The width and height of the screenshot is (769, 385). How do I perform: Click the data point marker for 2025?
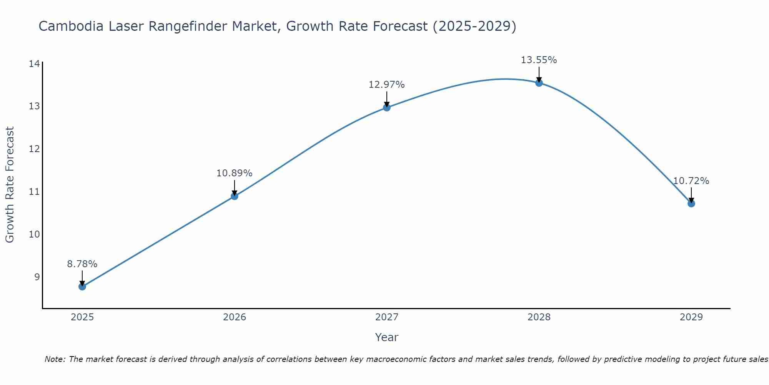pyautogui.click(x=82, y=286)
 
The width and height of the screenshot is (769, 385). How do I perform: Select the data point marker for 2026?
pyautogui.click(x=234, y=196)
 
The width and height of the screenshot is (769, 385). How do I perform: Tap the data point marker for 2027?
pyautogui.click(x=386, y=107)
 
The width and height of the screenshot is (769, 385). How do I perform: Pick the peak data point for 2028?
pyautogui.click(x=539, y=83)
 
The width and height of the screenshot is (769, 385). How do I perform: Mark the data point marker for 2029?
pyautogui.click(x=691, y=204)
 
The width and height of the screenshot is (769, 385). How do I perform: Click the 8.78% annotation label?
pyautogui.click(x=82, y=264)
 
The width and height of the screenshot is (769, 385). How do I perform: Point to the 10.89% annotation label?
pyautogui.click(x=234, y=173)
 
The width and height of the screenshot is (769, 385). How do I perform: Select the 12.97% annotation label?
pyautogui.click(x=386, y=85)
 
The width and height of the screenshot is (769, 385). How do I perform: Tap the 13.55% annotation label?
pyautogui.click(x=539, y=60)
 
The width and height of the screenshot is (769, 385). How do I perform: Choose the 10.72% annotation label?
pyautogui.click(x=691, y=181)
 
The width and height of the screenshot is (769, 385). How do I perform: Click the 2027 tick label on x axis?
pyautogui.click(x=386, y=317)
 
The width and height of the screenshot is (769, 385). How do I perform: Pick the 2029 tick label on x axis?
pyautogui.click(x=691, y=317)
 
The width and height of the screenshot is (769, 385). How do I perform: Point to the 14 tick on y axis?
pyautogui.click(x=34, y=64)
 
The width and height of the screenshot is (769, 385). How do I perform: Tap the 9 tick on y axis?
pyautogui.click(x=37, y=277)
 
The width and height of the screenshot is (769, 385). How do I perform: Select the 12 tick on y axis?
pyautogui.click(x=34, y=149)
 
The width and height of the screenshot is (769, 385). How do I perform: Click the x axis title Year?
pyautogui.click(x=386, y=337)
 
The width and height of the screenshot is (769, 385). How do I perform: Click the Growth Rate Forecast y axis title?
pyautogui.click(x=10, y=184)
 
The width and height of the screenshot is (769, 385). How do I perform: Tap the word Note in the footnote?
pyautogui.click(x=55, y=359)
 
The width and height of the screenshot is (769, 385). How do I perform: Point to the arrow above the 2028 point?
pyautogui.click(x=539, y=74)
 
